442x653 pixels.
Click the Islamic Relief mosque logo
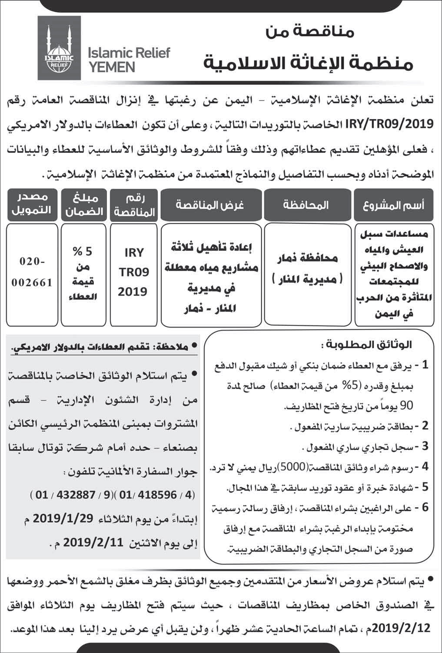coord(59,47)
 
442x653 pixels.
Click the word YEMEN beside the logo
coord(111,67)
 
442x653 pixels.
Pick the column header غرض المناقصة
coord(210,205)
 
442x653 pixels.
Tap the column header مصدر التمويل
coord(31,204)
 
